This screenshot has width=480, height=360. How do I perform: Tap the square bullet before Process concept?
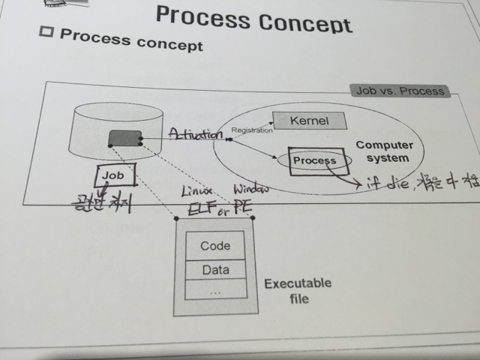pyautogui.click(x=47, y=34)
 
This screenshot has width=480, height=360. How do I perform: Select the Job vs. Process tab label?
pyautogui.click(x=400, y=91)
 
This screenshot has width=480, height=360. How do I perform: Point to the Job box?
pyautogui.click(x=115, y=176)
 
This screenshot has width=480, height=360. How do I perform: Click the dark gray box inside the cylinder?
pyautogui.click(x=125, y=138)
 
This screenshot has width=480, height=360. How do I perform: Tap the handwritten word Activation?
pyautogui.click(x=196, y=134)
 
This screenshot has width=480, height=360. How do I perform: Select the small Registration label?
pyautogui.click(x=252, y=130)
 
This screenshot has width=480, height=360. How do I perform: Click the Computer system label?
pyautogui.click(x=382, y=151)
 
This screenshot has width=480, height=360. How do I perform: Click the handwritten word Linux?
pyautogui.click(x=198, y=190)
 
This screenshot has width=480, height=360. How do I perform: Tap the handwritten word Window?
pyautogui.click(x=250, y=188)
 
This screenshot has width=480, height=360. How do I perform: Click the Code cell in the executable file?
pyautogui.click(x=215, y=246)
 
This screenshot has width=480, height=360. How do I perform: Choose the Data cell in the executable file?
pyautogui.click(x=215, y=270)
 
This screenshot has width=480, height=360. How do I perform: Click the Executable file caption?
pyautogui.click(x=298, y=291)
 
